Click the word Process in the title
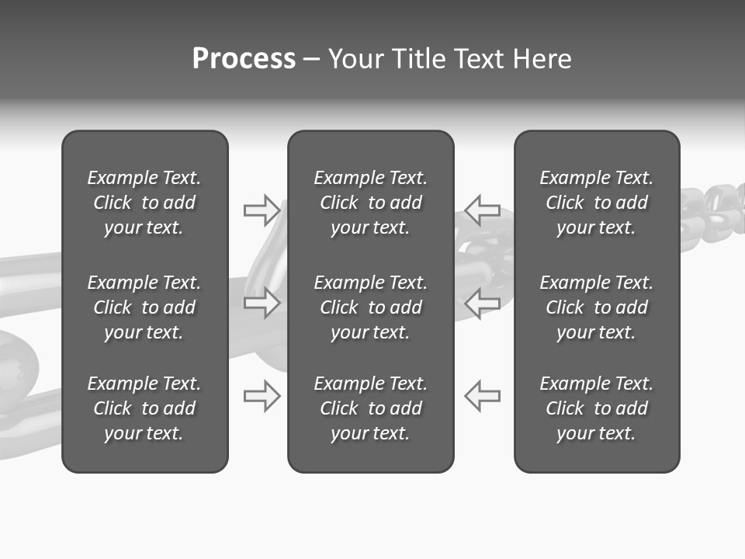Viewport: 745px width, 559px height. [x=244, y=58]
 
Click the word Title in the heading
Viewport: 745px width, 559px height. [x=417, y=58]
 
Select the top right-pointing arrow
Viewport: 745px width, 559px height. [x=262, y=210]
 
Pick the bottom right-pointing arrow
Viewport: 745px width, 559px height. [x=262, y=396]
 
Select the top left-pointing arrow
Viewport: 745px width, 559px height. [x=482, y=210]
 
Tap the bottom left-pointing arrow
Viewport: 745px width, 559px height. [x=482, y=396]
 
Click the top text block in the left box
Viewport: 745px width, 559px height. [x=144, y=203]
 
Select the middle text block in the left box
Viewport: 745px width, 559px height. [x=144, y=307]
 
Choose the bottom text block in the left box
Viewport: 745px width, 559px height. [x=144, y=408]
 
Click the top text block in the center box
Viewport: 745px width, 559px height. [x=370, y=203]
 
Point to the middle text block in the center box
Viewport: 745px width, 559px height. [x=370, y=307]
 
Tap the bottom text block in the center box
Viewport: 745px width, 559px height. [x=370, y=408]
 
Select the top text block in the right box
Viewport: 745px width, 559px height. [x=596, y=203]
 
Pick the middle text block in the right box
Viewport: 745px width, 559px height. [x=596, y=307]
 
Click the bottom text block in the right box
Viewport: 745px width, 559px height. [x=596, y=408]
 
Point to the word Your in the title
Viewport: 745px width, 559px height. [x=355, y=58]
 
